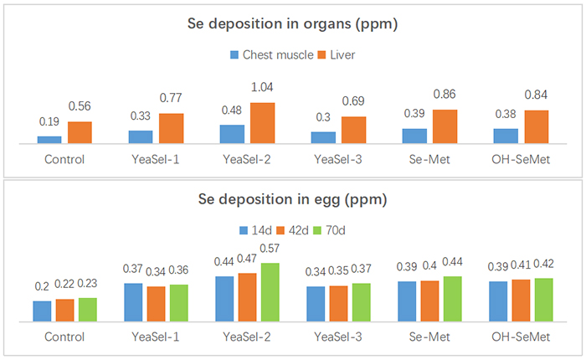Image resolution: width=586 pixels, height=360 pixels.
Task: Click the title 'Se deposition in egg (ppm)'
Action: point(292,200)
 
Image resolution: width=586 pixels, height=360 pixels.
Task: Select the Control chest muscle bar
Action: point(49,140)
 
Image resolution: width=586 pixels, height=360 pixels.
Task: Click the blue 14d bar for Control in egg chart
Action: point(43,311)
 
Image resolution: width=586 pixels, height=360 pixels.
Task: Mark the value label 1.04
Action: point(262,87)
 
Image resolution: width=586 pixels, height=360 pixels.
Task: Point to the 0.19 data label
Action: point(49,122)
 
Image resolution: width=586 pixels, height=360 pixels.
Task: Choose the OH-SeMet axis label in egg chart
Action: point(521,337)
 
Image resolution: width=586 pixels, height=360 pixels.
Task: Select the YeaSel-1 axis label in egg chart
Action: point(156,337)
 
